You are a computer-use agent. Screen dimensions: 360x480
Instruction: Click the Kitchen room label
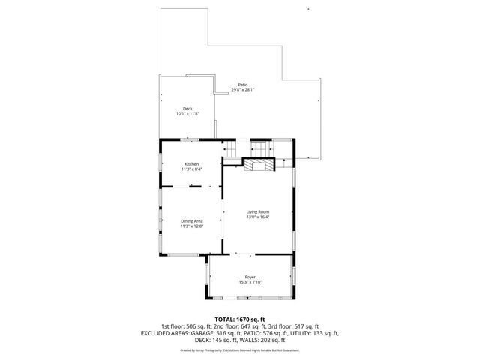(x=192, y=164)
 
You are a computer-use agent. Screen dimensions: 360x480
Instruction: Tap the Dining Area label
(x=192, y=220)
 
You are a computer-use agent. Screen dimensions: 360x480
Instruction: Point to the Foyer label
(x=250, y=277)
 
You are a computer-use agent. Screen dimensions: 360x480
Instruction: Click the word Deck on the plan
(x=187, y=109)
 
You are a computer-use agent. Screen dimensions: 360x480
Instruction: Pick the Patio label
(x=243, y=85)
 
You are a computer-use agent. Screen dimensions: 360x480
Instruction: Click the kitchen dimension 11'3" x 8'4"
(x=192, y=169)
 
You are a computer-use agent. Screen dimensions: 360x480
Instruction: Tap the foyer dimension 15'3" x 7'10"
(x=250, y=282)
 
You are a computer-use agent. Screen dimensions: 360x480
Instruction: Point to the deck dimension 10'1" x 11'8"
(x=187, y=114)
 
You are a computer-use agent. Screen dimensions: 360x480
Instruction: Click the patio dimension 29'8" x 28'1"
(x=243, y=90)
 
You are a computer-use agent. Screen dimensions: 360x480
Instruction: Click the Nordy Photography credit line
(x=240, y=349)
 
